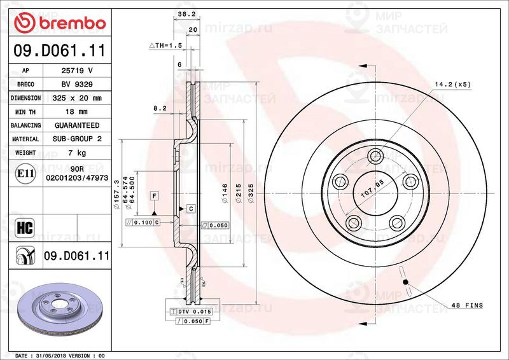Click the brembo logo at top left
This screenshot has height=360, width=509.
point(60,23)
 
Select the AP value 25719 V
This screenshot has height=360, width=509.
point(77,71)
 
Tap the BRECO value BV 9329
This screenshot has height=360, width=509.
point(77,85)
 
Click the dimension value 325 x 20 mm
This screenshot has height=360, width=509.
point(77,98)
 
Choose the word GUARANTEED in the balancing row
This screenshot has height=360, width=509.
point(77,125)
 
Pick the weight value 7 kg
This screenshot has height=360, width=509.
point(77,153)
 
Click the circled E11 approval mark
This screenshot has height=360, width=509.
point(25,174)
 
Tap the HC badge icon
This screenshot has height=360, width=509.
point(25,228)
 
